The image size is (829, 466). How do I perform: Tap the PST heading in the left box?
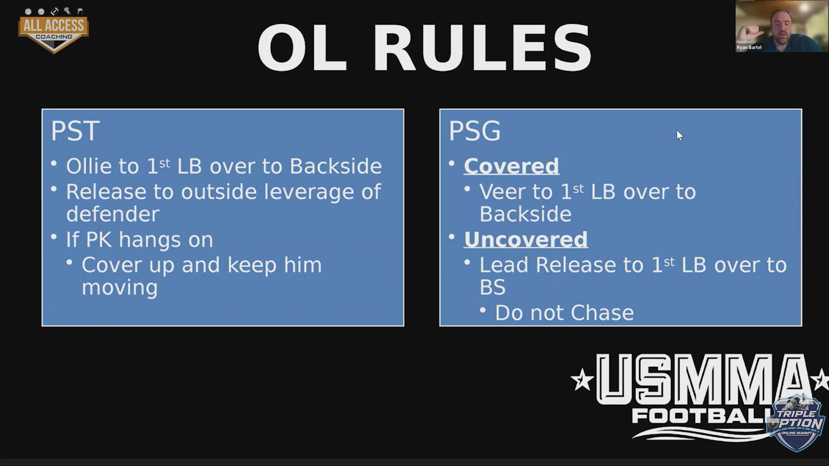[75, 131]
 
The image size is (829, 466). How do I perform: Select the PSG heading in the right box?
[475, 131]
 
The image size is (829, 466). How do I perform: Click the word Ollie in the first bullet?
[92, 166]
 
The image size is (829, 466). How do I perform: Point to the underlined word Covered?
[512, 166]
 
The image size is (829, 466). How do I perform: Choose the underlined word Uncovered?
[526, 239]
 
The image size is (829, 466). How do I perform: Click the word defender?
[113, 214]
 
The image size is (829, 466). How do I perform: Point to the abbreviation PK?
[99, 239]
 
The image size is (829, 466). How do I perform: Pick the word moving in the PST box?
[120, 288]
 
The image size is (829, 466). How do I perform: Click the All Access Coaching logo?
[54, 30]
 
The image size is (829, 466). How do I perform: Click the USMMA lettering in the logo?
[699, 380]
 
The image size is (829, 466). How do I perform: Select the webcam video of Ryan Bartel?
[782, 26]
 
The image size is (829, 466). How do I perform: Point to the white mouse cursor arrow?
[680, 135]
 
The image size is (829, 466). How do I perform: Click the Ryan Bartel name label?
[749, 47]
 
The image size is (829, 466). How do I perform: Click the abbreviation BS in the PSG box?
[492, 287]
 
